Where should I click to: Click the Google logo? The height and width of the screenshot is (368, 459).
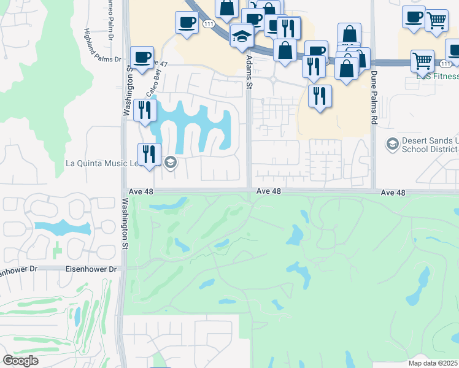tap(21, 361)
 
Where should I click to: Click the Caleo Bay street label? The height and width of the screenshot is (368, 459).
tap(152, 82)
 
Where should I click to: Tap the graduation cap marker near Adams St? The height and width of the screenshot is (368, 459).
tap(242, 37)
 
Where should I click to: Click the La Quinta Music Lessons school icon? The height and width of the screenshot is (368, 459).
tap(171, 163)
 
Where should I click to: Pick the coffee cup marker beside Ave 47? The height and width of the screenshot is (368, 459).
tap(142, 58)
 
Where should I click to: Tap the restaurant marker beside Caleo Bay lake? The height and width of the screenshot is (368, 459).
tap(145, 110)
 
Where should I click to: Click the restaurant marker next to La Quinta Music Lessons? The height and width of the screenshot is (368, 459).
tap(150, 155)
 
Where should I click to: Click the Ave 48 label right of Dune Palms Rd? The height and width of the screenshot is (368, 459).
tap(393, 193)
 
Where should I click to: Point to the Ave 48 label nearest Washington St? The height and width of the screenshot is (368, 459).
tap(141, 191)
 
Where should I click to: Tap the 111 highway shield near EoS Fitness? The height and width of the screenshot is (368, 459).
tap(445, 64)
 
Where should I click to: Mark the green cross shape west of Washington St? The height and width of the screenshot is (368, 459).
tap(56, 250)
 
